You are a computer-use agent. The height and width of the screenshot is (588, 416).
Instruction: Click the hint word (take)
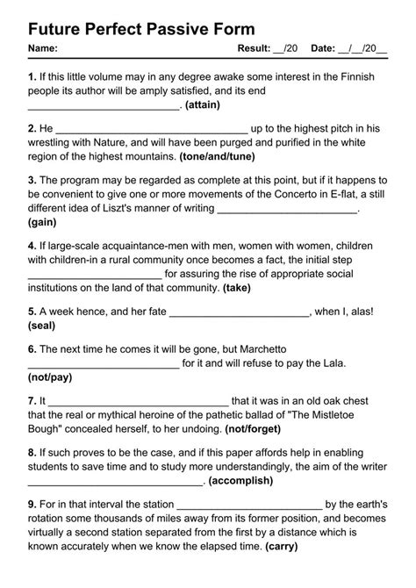point(237,287)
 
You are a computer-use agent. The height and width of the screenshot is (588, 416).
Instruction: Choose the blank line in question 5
point(239,312)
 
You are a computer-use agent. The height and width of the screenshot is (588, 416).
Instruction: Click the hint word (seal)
point(42,326)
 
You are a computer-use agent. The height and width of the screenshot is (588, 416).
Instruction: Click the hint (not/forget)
point(253,429)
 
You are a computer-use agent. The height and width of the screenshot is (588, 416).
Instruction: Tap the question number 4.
point(32,247)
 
